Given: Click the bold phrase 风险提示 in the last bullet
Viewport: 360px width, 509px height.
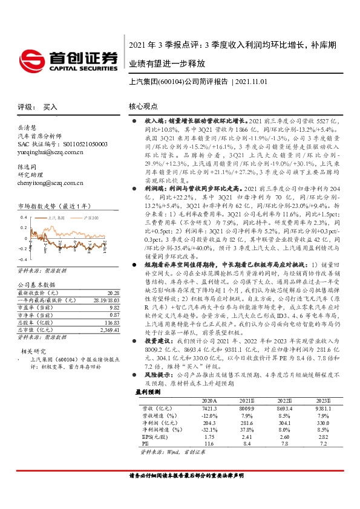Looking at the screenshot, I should [x=156, y=391].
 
